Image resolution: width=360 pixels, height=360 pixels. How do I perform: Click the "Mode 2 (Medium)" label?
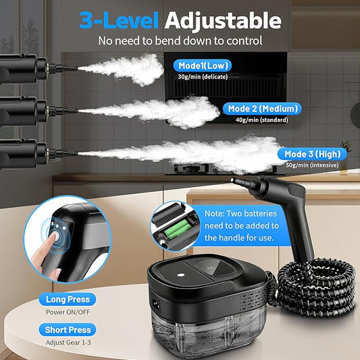[x=262, y=108]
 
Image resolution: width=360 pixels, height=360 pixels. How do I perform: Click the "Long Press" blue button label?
[x=68, y=299]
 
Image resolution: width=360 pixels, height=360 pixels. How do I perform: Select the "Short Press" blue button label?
[x=68, y=330]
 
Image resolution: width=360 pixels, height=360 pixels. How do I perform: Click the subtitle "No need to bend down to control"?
[x=180, y=41]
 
